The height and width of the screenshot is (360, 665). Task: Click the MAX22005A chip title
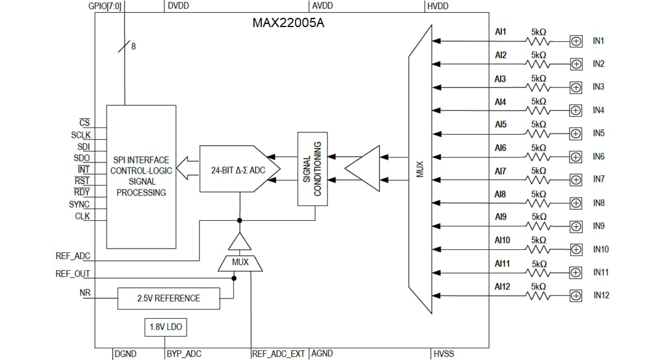[288, 23]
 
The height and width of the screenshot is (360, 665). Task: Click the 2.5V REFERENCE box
[168, 298]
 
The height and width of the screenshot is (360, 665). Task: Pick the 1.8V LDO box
[166, 327]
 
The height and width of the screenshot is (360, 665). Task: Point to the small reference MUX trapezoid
[240, 262]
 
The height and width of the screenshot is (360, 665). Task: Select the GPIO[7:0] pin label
[105, 6]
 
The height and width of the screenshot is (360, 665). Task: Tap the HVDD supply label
[437, 6]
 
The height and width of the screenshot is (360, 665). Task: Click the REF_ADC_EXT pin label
[278, 353]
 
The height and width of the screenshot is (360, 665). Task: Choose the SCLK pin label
[80, 135]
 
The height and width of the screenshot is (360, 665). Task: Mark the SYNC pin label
[79, 204]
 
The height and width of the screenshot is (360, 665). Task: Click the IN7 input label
[598, 179]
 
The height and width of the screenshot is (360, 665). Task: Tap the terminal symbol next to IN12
[576, 295]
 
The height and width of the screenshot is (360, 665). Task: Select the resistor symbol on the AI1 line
[538, 41]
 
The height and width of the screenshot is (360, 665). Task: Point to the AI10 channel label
[502, 240]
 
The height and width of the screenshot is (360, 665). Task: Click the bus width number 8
[134, 47]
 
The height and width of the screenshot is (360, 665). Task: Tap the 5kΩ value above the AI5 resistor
[538, 124]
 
